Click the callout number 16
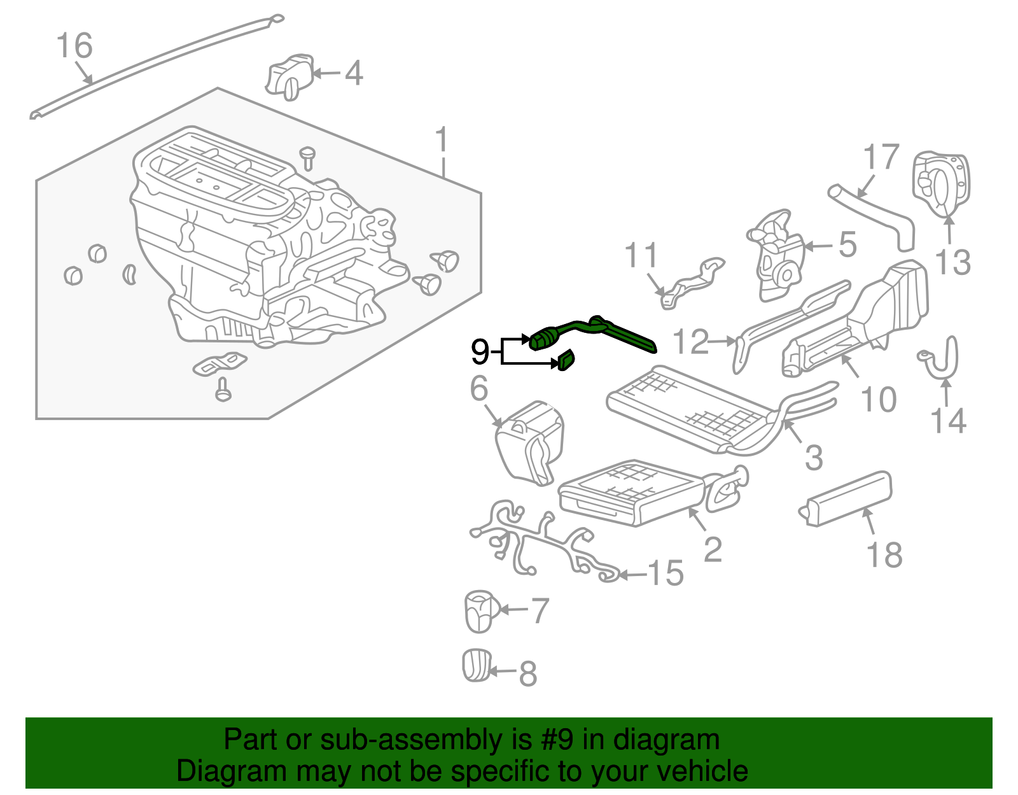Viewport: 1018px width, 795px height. (x=74, y=46)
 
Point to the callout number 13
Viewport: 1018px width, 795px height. (x=952, y=262)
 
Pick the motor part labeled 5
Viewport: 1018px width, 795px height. (x=776, y=255)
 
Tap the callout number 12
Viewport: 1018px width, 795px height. (x=690, y=342)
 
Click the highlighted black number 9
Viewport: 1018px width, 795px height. (x=480, y=351)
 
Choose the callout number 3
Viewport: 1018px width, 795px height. (x=814, y=457)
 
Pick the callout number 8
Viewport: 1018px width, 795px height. (x=527, y=673)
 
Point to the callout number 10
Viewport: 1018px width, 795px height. (x=878, y=399)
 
